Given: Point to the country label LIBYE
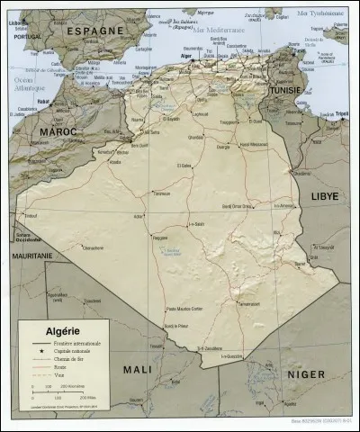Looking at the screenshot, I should pos(325,195).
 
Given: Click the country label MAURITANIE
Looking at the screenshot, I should pos(32,256).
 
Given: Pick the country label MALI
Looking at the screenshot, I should pos(138,369).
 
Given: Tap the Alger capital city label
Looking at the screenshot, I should pos(187,55).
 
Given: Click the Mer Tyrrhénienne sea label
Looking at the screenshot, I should pos(321,13).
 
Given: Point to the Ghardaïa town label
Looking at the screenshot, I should pos(195,137).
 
